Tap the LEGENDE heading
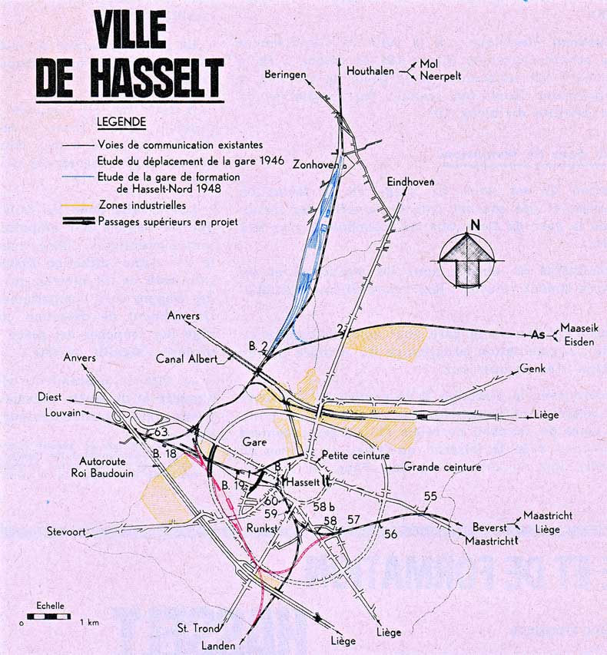pos(121,121)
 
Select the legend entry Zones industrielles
pos(142,205)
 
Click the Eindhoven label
pos(410,182)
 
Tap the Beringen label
pos(285,74)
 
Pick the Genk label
pos(532,369)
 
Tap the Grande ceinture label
pos(442,466)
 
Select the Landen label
pos(217,646)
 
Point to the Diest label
pos(50,397)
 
